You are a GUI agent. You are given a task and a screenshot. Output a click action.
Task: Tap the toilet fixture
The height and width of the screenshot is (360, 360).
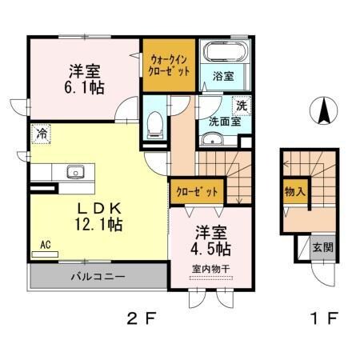157,122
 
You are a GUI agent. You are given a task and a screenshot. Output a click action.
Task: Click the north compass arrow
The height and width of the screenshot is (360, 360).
323,111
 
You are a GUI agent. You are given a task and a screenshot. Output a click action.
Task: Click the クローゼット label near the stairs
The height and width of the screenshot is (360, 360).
195,192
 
